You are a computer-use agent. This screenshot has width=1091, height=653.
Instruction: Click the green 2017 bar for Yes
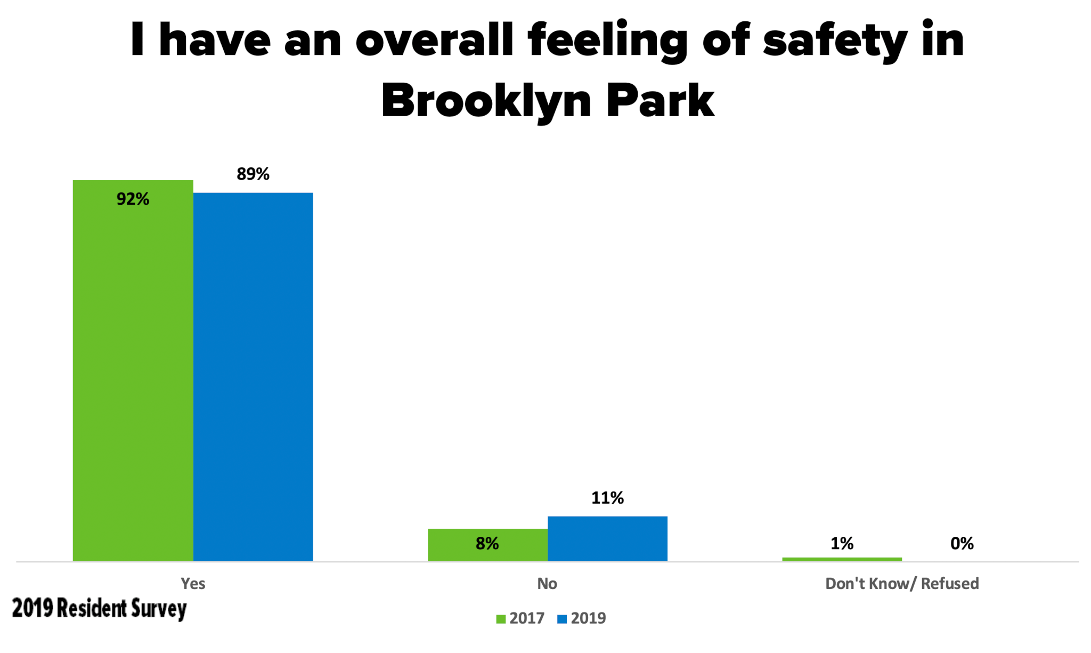tap(133, 373)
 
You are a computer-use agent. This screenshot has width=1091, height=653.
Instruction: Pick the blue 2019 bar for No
tap(607, 538)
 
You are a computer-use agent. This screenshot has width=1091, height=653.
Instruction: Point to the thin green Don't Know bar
tap(842, 559)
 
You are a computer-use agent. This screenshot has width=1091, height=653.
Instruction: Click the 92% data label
tap(133, 199)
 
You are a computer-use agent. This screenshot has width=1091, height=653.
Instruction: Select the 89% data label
tap(253, 174)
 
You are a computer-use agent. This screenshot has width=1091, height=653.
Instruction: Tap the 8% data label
tap(487, 544)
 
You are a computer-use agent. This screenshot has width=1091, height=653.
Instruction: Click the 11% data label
tap(607, 498)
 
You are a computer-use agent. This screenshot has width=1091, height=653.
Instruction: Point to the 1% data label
tap(842, 544)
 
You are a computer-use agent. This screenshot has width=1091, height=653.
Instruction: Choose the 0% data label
tap(962, 544)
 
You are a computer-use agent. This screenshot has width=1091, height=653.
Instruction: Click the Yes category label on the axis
tap(193, 584)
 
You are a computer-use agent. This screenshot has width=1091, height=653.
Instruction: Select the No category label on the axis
tap(547, 584)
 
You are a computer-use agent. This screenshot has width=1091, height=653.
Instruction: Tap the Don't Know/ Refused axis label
tap(902, 584)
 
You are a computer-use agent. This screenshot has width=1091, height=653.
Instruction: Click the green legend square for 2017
tap(501, 619)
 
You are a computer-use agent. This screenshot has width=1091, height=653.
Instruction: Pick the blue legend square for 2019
tap(562, 619)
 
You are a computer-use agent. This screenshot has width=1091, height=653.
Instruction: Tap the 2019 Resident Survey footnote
tap(100, 609)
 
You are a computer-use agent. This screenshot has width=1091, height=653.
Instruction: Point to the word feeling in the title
tap(608, 42)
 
